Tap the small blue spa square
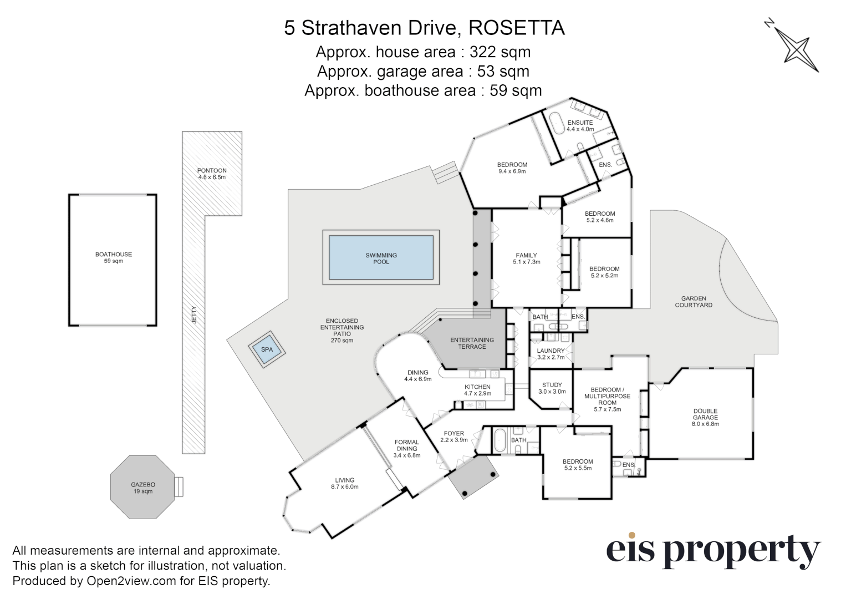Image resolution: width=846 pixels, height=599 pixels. [267, 350]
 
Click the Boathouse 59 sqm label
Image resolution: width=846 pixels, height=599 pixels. [113, 257]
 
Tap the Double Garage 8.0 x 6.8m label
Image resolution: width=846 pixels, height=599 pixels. [705, 418]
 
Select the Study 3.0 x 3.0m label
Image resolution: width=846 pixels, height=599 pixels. [552, 388]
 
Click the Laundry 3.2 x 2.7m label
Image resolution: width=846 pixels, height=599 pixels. [551, 354]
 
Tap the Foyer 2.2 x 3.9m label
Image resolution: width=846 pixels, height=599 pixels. [454, 436]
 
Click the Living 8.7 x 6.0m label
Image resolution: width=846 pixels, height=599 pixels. [344, 484]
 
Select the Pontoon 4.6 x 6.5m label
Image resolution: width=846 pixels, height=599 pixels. [212, 174]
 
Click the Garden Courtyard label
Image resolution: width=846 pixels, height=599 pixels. [694, 302]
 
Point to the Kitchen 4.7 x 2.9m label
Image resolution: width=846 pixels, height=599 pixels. [477, 390]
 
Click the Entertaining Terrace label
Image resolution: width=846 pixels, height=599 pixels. [472, 343]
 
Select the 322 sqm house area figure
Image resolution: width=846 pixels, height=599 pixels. [500, 52]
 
